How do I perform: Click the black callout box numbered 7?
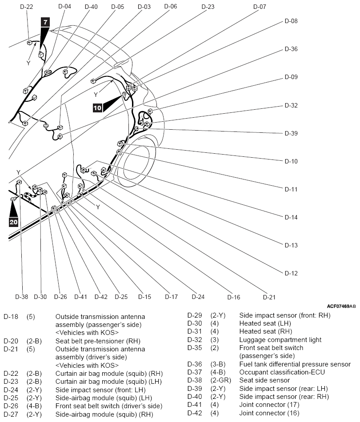coord(45,22)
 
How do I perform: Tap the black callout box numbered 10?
coord(97,108)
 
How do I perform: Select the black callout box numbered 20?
coord(13,222)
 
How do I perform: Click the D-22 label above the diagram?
coord(26,7)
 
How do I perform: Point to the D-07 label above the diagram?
coord(260,7)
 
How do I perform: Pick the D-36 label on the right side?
coord(291,49)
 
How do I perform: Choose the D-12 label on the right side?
coord(291,273)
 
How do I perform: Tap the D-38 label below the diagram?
coord(21,297)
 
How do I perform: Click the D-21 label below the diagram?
coord(269,297)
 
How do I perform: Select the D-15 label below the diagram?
coord(144,297)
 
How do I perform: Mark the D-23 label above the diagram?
coord(208,7)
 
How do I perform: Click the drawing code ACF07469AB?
coord(341,306)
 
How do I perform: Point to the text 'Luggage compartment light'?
coord(280,340)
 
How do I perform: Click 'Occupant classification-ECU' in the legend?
coord(282,372)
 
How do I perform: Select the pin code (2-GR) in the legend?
coord(221,380)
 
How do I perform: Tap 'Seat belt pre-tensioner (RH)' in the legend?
coord(98,341)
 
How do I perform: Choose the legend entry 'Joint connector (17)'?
coord(269,405)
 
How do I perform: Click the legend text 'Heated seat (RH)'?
coord(266,331)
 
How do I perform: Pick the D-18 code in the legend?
coord(11,317)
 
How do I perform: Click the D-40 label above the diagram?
coord(91,7)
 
